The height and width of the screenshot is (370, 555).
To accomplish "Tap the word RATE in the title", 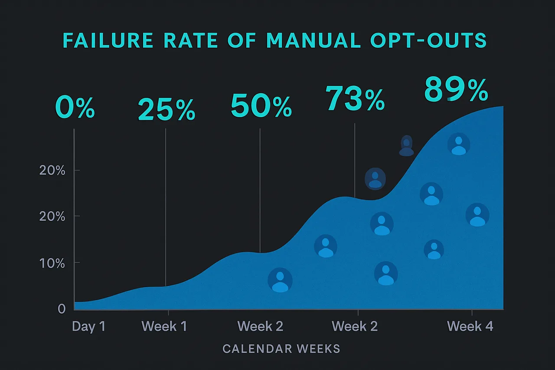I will pos(193,40).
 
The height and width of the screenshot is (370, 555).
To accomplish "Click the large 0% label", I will pos(75,108).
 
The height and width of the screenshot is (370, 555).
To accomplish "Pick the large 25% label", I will pos(166,110).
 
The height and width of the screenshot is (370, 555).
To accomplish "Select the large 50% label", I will pos(261,107).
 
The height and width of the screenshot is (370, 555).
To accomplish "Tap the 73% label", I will pos(355,99).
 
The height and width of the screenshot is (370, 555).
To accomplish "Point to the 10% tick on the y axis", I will pos(52,263).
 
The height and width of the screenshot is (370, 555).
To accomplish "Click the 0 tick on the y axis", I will pos(62,309).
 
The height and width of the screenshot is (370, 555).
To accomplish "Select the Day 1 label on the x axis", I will pos(88,326).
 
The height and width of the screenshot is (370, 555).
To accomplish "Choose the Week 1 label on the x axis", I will pos(164,326).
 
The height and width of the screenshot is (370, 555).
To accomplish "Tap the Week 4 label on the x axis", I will pos(470,326).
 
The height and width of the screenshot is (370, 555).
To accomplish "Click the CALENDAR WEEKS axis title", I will pos(281,349).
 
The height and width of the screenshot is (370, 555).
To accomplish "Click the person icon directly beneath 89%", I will pos(458,145).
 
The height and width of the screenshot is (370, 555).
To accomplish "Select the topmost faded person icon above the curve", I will pos(406,146).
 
